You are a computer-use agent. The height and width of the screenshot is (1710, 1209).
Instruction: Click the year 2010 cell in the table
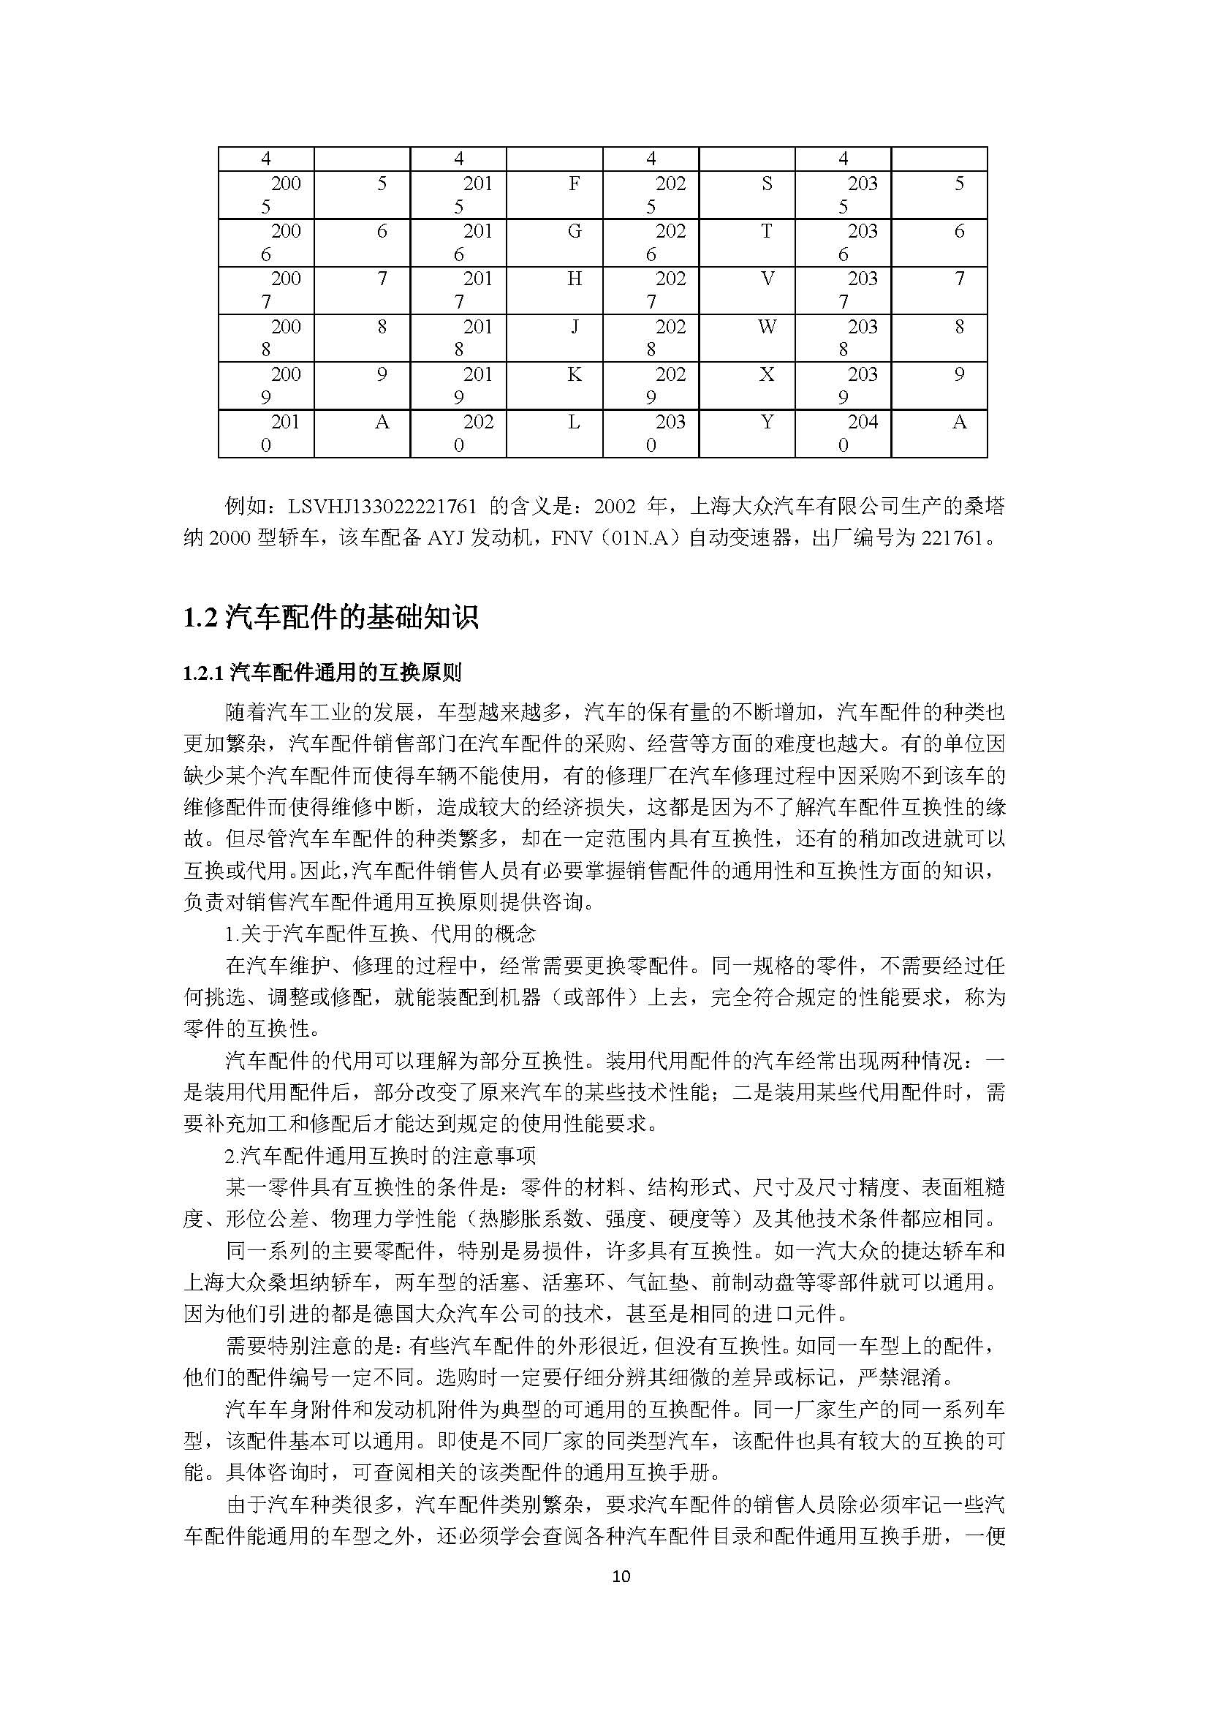[266, 434]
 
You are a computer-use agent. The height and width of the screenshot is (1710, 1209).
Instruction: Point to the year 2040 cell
[843, 434]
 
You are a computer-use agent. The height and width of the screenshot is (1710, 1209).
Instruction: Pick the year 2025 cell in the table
[651, 194]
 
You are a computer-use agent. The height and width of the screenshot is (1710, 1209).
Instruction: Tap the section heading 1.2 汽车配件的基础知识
[330, 618]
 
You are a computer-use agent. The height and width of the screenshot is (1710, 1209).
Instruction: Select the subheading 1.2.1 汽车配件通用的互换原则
[322, 674]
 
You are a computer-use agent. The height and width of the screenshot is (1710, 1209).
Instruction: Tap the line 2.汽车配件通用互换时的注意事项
[380, 1156]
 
